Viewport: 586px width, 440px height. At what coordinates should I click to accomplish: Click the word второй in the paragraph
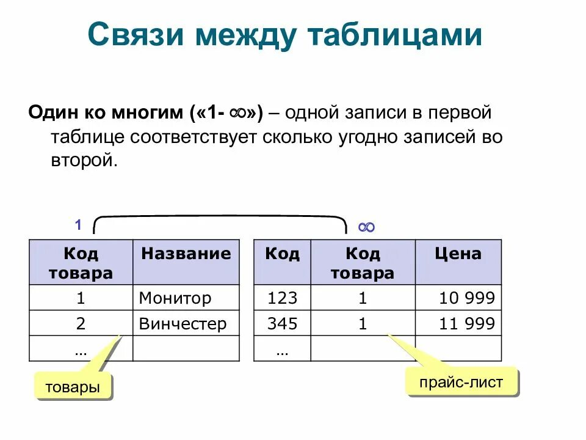pyautogui.click(x=83, y=159)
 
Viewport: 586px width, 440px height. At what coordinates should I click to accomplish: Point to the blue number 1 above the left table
pyautogui.click(x=78, y=225)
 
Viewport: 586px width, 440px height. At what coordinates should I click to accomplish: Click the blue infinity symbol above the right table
pyautogui.click(x=366, y=227)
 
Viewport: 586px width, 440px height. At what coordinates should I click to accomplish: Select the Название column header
pyautogui.click(x=186, y=254)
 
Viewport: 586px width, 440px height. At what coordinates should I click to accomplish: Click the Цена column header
pyautogui.click(x=458, y=254)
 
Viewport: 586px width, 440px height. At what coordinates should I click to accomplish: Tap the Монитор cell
pyautogui.click(x=175, y=298)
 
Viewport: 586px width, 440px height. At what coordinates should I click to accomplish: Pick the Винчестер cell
pyautogui.click(x=183, y=324)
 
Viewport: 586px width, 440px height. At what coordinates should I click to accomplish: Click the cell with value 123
pyautogui.click(x=282, y=298)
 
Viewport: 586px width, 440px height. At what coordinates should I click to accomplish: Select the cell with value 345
pyautogui.click(x=282, y=324)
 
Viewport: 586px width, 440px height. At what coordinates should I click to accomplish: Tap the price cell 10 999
pyautogui.click(x=467, y=298)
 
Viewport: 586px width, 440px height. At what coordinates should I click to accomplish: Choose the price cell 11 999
pyautogui.click(x=467, y=324)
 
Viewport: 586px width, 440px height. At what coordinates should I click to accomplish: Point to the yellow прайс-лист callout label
pyautogui.click(x=461, y=383)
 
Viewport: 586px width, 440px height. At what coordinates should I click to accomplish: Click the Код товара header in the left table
pyautogui.click(x=81, y=263)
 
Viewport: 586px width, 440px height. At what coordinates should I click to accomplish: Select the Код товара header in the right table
pyautogui.click(x=363, y=263)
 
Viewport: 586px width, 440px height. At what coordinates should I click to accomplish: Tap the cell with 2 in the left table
pyautogui.click(x=81, y=324)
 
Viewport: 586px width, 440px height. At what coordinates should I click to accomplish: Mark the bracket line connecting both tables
pyautogui.click(x=220, y=216)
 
